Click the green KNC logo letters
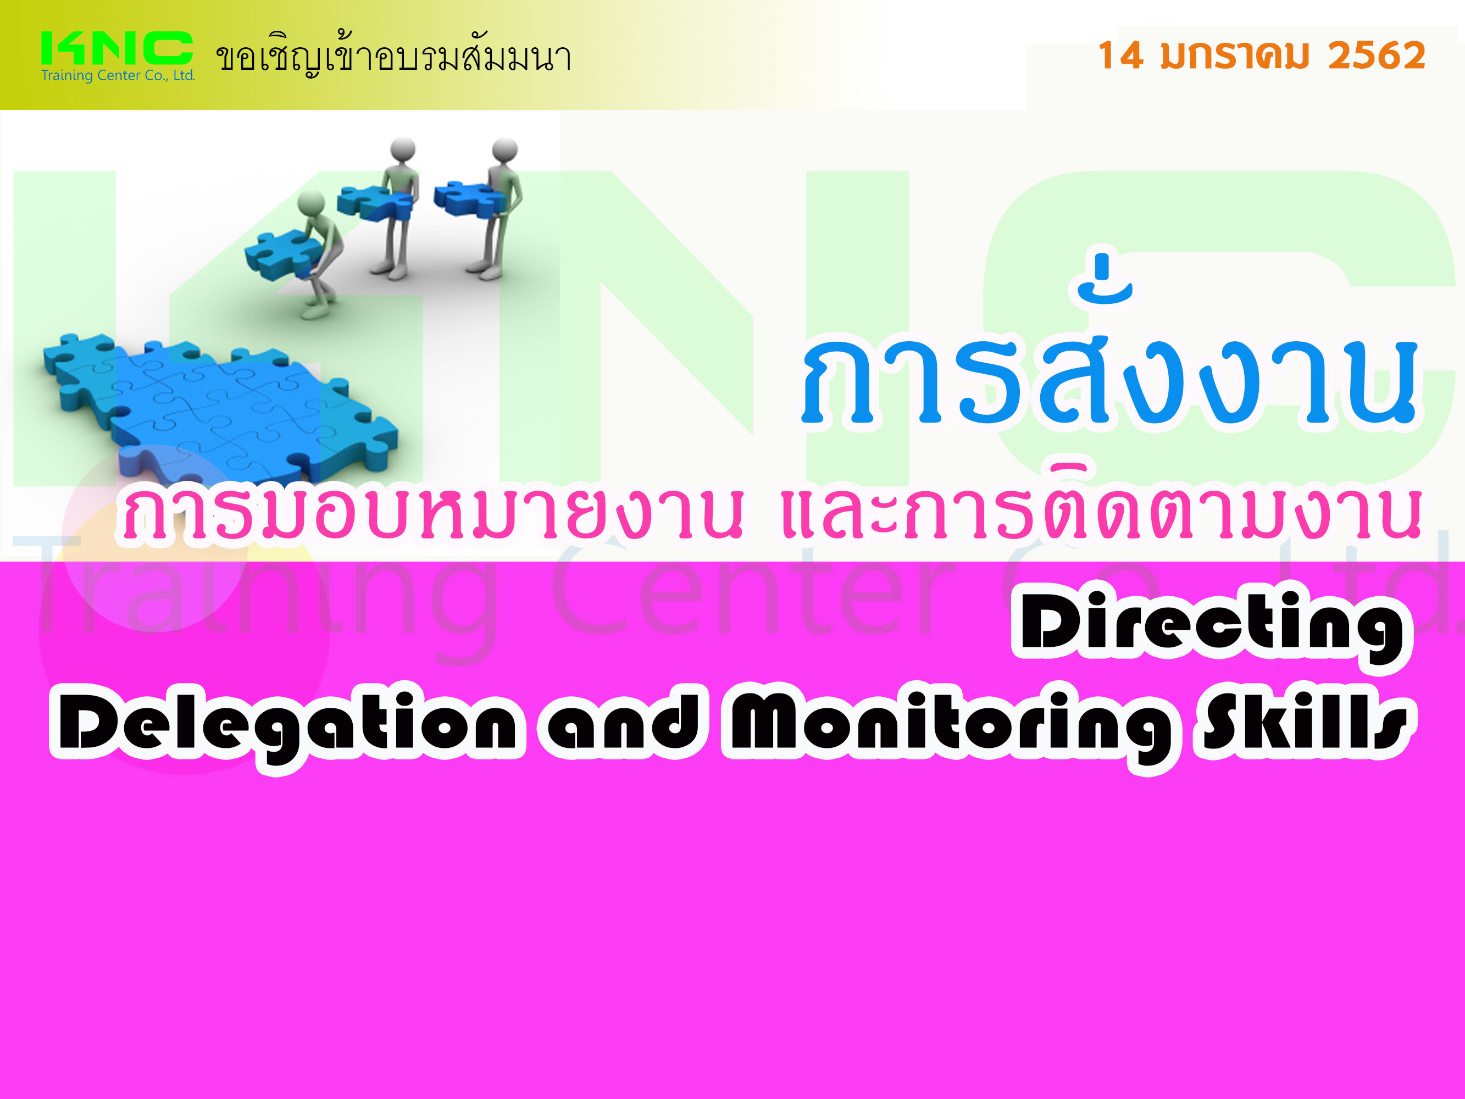(116, 48)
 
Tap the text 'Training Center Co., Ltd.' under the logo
(118, 75)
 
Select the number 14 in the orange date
(1120, 55)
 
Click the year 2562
(1376, 55)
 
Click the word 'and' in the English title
(623, 721)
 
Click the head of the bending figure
(310, 203)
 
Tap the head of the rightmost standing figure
(504, 149)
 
